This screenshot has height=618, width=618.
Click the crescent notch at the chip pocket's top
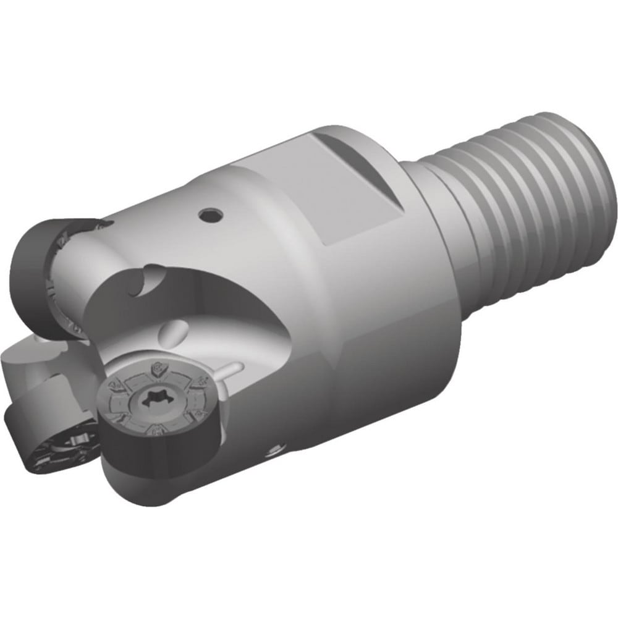148,282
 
